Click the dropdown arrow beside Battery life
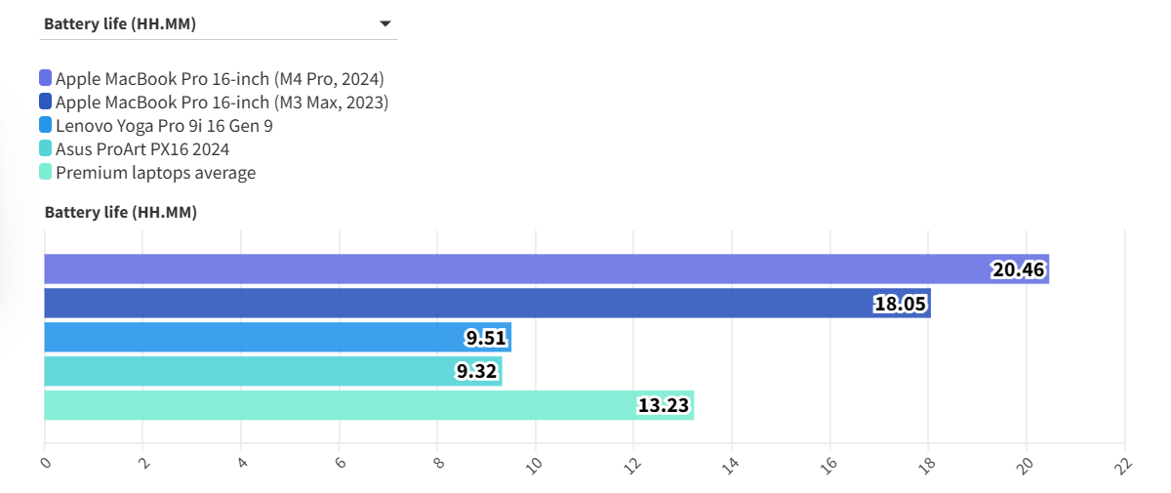384,24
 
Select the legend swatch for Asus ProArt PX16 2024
46,149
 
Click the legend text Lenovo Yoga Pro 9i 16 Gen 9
164,125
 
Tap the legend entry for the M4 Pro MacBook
220,78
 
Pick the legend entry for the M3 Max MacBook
222,102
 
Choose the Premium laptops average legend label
155,173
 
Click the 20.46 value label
1019,269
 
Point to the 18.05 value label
900,304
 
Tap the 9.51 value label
485,338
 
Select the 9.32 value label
476,371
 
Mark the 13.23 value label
664,405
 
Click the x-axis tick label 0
45,464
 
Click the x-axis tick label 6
340,464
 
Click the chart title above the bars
121,212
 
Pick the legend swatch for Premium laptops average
46,173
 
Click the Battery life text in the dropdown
120,24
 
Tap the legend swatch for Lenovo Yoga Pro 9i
46,125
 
